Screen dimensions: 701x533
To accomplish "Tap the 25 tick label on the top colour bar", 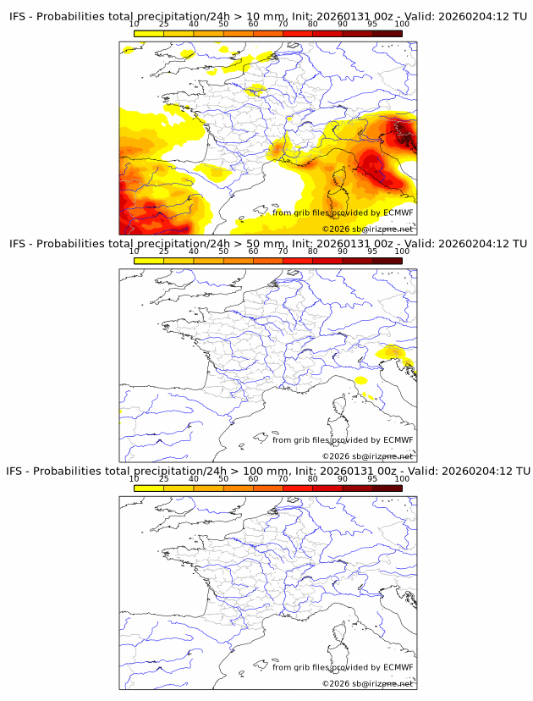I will tap(164, 24).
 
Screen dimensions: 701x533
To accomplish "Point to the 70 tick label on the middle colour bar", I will tap(283, 251).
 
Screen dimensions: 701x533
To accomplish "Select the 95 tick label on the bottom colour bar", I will tap(372, 479).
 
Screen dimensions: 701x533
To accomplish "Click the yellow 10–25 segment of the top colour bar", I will tap(149, 33).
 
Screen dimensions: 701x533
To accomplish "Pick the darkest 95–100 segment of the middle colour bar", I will tap(387, 261).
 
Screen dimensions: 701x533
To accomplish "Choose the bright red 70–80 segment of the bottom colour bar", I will tap(297, 488).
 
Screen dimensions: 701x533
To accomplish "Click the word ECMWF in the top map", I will tap(398, 213).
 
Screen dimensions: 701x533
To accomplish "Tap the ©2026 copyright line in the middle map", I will tap(368, 456).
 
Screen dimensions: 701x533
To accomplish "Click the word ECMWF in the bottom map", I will tap(398, 667).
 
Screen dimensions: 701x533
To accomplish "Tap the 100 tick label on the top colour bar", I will tap(402, 24).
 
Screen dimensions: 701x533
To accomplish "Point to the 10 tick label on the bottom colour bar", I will tap(135, 479).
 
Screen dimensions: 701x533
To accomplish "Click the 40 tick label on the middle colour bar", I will tap(194, 251).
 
